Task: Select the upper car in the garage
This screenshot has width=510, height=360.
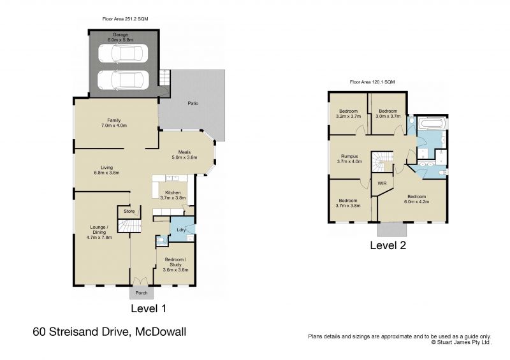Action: [x=122, y=55]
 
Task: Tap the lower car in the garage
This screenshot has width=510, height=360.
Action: [x=122, y=80]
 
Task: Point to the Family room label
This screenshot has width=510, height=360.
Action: [x=114, y=123]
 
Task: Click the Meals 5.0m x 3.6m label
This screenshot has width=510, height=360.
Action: [x=184, y=155]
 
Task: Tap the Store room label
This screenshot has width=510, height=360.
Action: [x=129, y=211]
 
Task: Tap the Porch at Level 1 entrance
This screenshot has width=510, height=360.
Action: [x=141, y=293]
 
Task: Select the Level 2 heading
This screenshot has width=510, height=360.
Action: [x=388, y=244]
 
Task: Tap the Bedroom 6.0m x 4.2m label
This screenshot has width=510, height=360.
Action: [x=417, y=199]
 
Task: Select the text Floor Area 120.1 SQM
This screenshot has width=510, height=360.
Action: [x=372, y=82]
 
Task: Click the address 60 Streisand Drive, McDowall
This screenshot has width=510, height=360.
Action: [x=109, y=332]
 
